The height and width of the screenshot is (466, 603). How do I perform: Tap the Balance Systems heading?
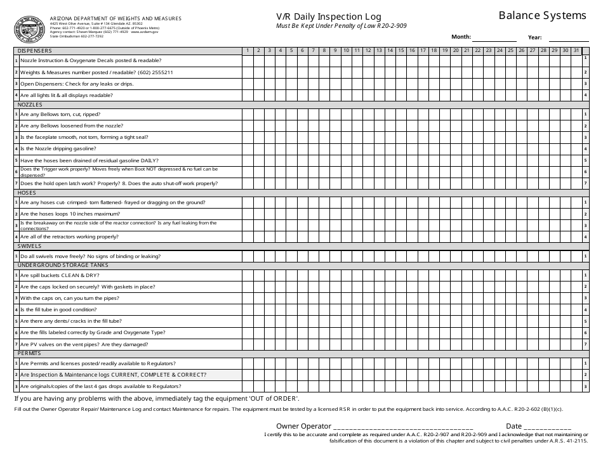542,15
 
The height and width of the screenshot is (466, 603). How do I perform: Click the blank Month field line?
494,39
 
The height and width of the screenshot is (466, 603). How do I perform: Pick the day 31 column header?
576,51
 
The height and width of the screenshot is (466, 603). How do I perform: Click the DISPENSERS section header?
35,51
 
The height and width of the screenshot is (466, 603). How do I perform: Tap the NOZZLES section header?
30,104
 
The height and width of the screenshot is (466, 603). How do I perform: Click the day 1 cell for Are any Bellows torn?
248,114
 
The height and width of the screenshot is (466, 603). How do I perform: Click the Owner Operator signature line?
402,427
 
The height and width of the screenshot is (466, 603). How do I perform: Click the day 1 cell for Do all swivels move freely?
248,256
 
